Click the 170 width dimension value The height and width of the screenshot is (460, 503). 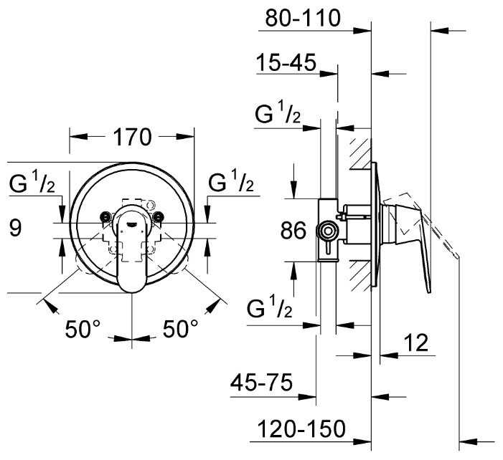click(x=132, y=137)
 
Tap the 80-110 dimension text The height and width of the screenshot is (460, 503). click(x=303, y=18)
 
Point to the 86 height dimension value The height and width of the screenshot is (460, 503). click(x=293, y=230)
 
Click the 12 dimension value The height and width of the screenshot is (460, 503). click(x=415, y=342)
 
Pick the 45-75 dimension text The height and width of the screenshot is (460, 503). click(x=261, y=382)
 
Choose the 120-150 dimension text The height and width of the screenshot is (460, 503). click(x=301, y=428)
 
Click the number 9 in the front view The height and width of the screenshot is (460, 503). click(x=15, y=228)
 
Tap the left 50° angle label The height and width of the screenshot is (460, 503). click(x=83, y=329)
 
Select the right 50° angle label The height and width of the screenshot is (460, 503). click(x=181, y=329)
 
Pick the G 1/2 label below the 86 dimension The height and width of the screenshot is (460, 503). click(x=270, y=307)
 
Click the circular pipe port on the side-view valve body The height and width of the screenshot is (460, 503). click(x=327, y=231)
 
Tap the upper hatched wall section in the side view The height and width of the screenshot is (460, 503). click(x=361, y=153)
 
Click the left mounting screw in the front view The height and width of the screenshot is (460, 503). click(x=105, y=217)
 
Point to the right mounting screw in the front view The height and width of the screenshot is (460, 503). click(x=158, y=217)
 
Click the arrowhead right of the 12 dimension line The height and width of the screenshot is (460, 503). click(x=388, y=355)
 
